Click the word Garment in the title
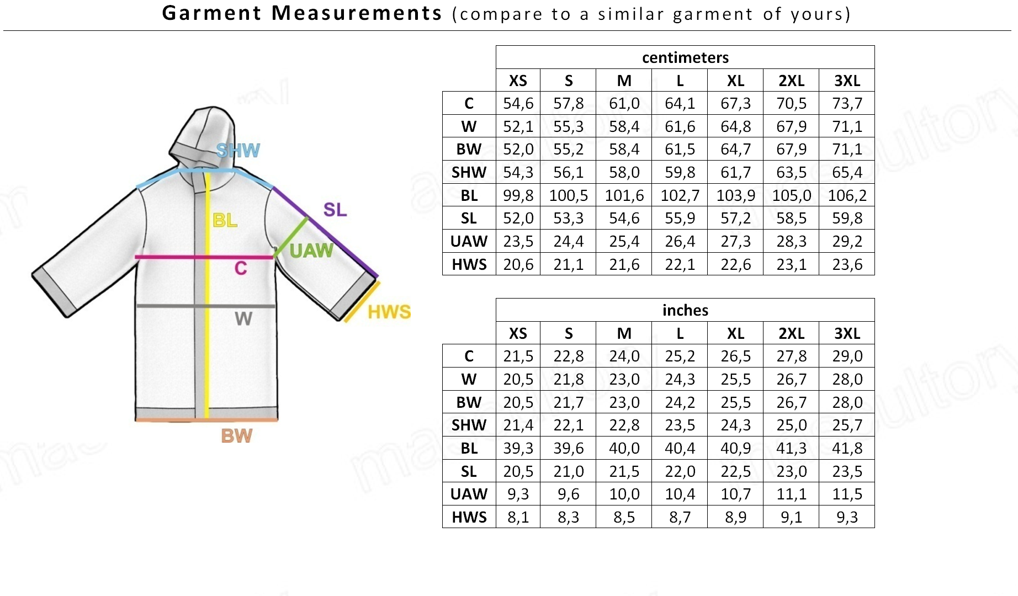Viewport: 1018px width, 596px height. (211, 13)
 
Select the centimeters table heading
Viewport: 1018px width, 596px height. (685, 57)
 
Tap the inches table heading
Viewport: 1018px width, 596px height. (685, 310)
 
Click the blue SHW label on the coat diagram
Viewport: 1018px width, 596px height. (238, 150)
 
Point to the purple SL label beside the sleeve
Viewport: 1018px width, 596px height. (335, 210)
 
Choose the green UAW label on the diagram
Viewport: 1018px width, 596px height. (311, 251)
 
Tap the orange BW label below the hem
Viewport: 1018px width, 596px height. (237, 436)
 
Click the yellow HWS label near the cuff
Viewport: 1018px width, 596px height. (389, 312)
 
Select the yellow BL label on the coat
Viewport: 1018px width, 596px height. (225, 221)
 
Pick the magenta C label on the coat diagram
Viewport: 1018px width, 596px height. (241, 268)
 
